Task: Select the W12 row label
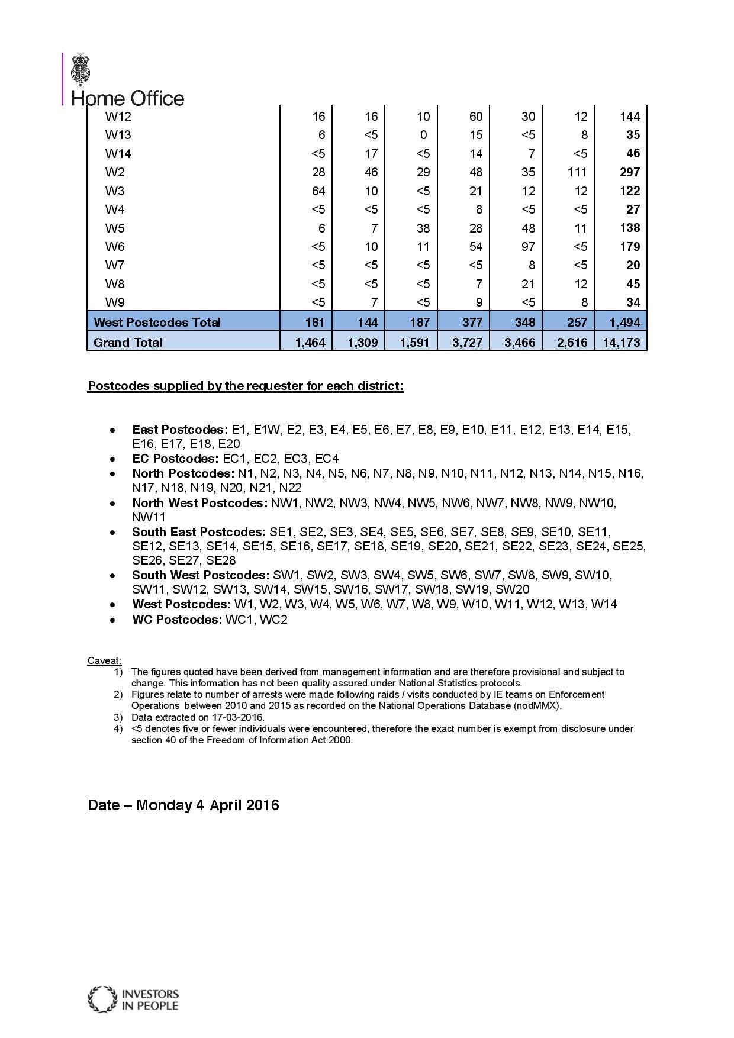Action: coord(118,117)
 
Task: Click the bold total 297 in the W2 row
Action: coord(630,172)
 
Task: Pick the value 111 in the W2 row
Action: coord(577,172)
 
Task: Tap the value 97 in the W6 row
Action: coord(528,247)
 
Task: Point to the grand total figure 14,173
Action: coord(621,342)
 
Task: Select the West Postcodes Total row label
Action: coord(157,323)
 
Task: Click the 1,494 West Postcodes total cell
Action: coord(624,323)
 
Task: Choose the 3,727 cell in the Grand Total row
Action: coord(467,342)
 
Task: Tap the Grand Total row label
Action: coord(128,342)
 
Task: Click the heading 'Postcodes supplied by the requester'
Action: coord(245,386)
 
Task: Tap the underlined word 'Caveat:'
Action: coord(105,660)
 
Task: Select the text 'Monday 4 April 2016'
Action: coord(208,805)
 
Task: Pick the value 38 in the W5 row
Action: coord(423,228)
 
